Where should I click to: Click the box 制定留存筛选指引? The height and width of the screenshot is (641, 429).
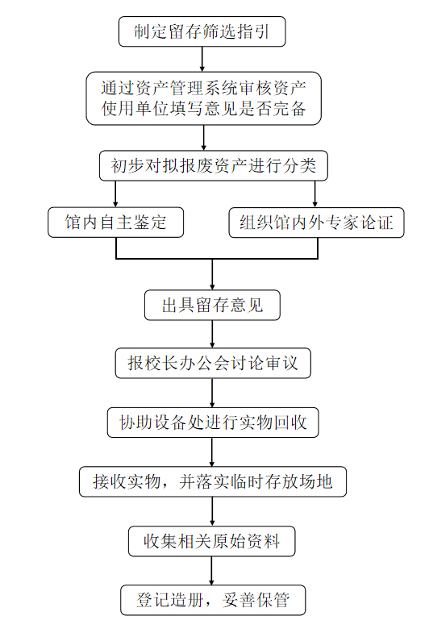(202, 31)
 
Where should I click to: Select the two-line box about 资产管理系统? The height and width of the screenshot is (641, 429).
(204, 98)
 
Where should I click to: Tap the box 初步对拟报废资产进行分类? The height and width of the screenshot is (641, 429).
(214, 165)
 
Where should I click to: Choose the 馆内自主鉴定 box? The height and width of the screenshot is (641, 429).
(116, 223)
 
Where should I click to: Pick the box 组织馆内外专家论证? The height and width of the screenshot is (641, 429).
(317, 223)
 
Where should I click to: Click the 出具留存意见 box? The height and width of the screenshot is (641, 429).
(212, 305)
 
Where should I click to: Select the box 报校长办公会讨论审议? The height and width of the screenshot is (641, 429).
(213, 363)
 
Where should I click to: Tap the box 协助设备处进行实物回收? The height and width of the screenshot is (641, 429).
(213, 422)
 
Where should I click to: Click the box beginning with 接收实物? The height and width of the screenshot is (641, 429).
(213, 481)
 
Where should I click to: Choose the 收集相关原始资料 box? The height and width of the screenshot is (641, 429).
(212, 541)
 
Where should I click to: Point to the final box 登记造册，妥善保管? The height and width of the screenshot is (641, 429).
(213, 600)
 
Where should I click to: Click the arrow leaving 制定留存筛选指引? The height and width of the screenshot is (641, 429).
(202, 60)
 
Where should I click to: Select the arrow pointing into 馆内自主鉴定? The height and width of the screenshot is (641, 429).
(116, 194)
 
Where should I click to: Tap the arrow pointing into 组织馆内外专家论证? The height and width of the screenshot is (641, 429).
(315, 194)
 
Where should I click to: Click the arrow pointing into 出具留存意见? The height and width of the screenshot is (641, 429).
(212, 274)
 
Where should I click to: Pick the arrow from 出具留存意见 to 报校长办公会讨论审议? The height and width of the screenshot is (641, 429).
(212, 334)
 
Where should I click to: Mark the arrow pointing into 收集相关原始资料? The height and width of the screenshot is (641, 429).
(212, 511)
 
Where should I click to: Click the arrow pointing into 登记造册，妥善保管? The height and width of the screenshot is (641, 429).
(211, 571)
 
